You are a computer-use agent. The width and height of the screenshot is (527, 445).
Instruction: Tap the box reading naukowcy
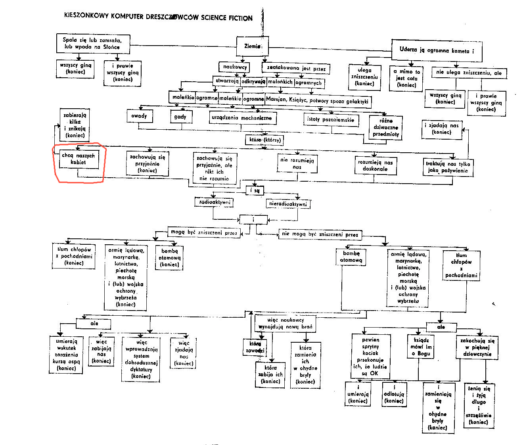(x=234, y=67)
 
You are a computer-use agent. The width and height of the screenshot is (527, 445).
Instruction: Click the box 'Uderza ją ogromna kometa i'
(x=436, y=50)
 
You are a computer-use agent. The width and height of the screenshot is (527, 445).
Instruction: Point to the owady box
(x=139, y=116)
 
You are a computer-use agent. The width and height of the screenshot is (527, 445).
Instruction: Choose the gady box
(x=180, y=117)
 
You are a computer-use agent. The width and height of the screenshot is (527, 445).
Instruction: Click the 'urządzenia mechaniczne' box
(x=242, y=118)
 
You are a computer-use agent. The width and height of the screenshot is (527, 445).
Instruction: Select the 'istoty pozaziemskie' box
(x=331, y=119)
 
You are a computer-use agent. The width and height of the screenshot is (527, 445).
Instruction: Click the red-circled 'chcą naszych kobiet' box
(x=79, y=159)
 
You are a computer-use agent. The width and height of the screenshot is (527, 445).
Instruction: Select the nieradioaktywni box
(x=288, y=204)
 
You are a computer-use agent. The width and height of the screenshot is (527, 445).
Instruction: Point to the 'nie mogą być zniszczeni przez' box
(x=320, y=234)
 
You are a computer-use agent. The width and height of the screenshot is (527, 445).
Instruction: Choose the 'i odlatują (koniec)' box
(x=394, y=394)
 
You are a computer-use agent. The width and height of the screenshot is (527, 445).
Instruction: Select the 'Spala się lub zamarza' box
(x=91, y=43)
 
